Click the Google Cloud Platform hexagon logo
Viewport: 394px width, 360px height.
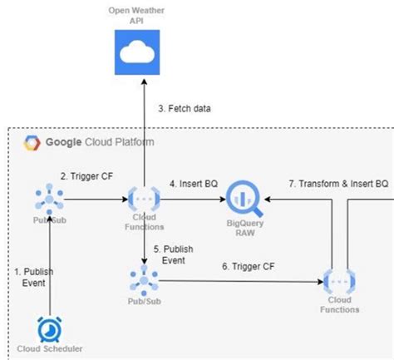coord(32,143)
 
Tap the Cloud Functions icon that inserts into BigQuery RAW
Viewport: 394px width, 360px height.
coord(143,200)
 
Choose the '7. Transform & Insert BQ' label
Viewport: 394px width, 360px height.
coord(337,182)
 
